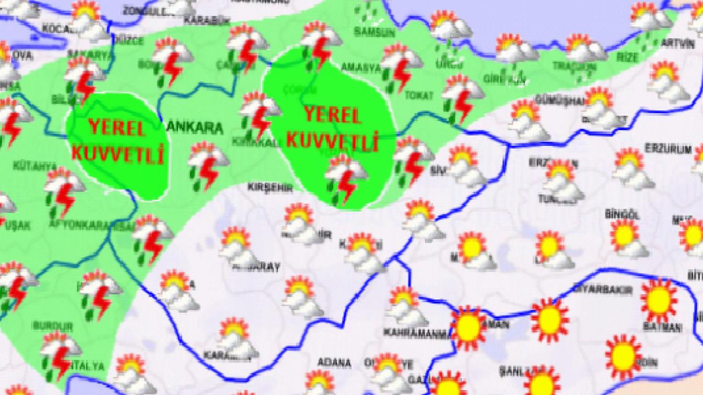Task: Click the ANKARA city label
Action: [x=195, y=128]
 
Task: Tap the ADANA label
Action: [x=334, y=363]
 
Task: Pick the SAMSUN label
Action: [x=375, y=32]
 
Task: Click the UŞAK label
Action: [x=20, y=225]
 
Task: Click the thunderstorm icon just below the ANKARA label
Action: [x=208, y=166]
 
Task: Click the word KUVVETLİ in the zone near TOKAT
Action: [x=333, y=142]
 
